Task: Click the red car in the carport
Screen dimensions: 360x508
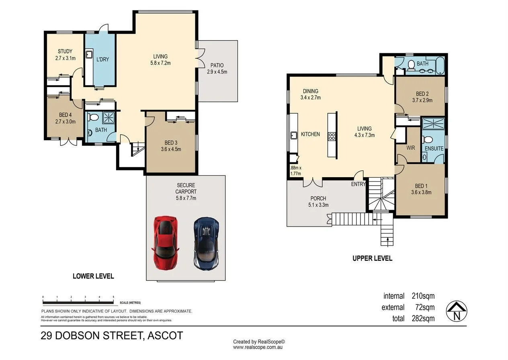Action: (165, 242)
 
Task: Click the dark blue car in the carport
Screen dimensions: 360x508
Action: (206, 243)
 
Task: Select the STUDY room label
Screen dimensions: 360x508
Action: (65, 51)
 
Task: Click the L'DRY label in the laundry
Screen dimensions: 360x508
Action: (102, 59)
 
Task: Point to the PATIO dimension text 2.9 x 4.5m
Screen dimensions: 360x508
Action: (217, 72)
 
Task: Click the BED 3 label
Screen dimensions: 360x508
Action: (171, 143)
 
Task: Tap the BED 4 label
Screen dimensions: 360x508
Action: (65, 115)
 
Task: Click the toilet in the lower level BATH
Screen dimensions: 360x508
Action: (94, 118)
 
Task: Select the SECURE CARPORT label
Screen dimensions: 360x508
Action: (186, 188)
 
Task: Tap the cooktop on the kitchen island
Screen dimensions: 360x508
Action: (332, 136)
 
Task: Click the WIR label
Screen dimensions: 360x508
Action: (410, 148)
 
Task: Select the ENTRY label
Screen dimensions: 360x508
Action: (358, 184)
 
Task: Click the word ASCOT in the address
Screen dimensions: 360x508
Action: (166, 335)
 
